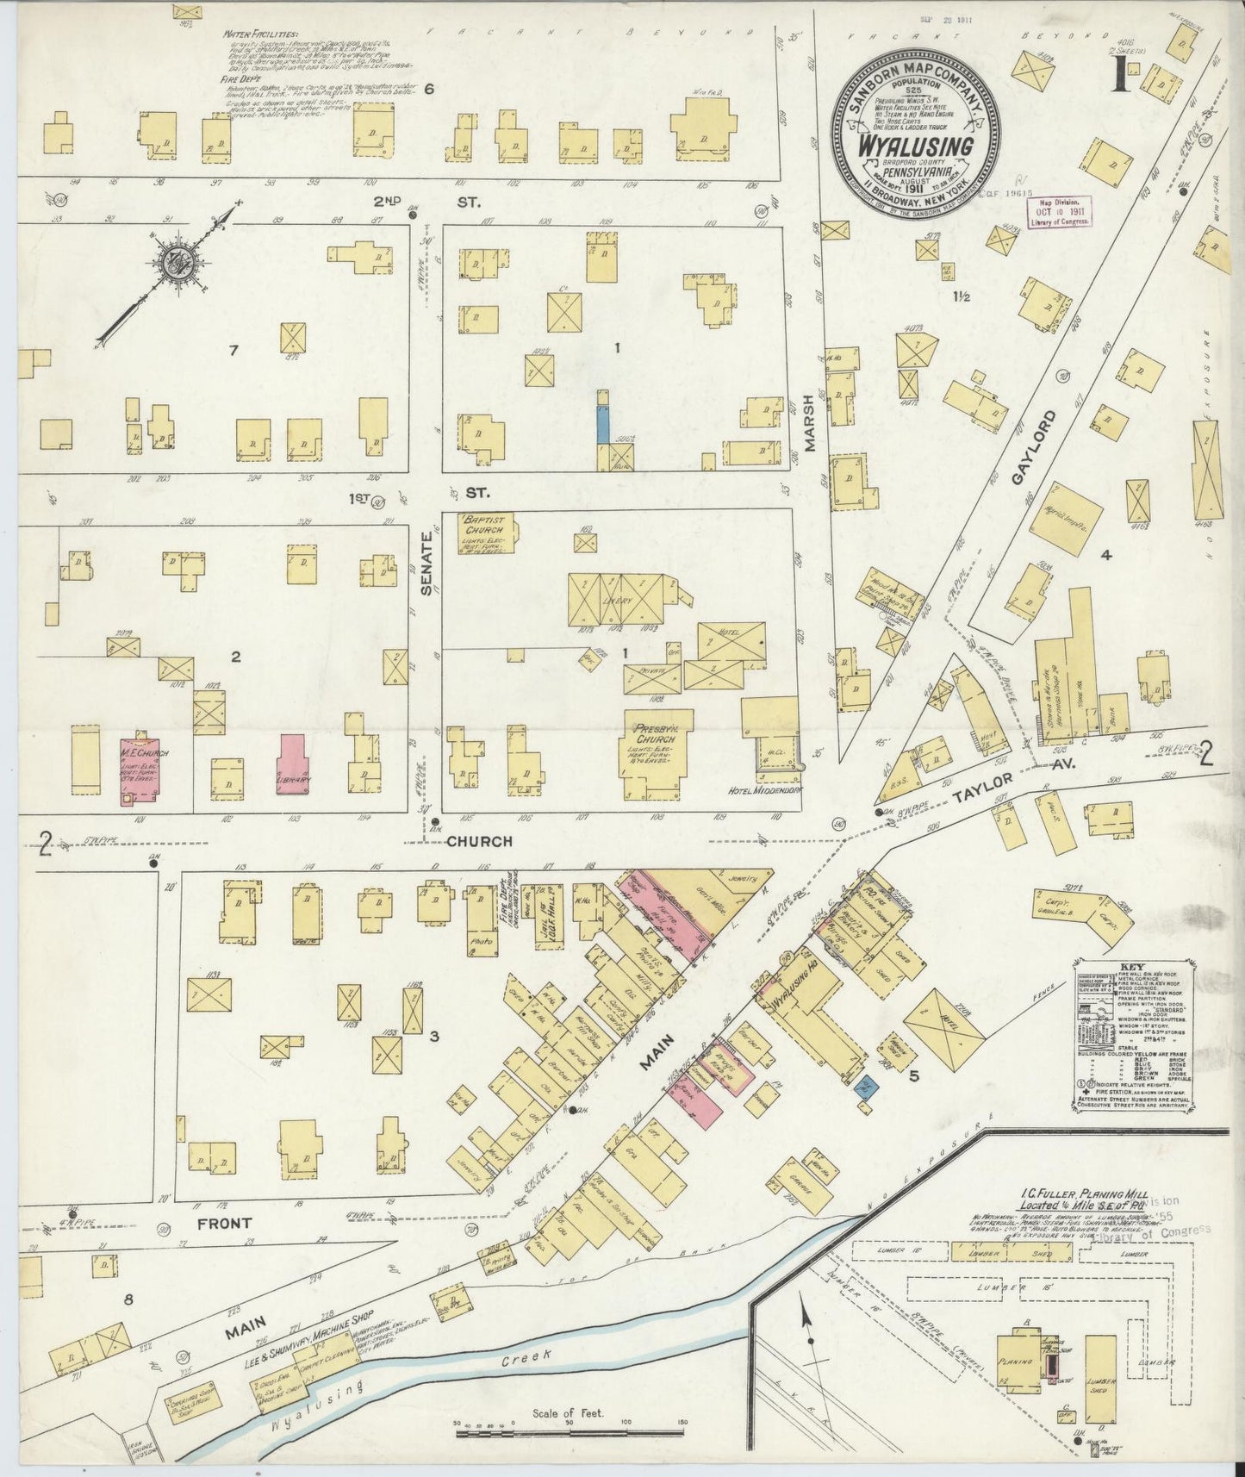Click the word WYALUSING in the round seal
(x=915, y=146)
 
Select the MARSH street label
(x=809, y=422)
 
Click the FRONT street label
(x=223, y=1222)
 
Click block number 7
(x=231, y=350)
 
